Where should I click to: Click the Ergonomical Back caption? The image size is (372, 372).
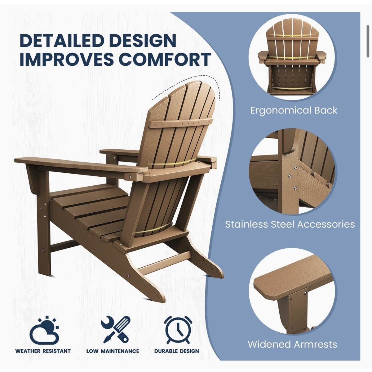click(x=294, y=111)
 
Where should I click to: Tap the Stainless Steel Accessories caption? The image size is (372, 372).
click(x=290, y=224)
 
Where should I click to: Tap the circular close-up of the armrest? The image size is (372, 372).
click(x=292, y=286)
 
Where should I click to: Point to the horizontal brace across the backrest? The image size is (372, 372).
click(x=181, y=123)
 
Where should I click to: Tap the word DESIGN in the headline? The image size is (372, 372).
click(x=149, y=41)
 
